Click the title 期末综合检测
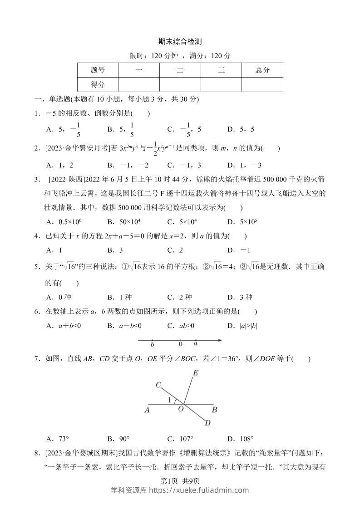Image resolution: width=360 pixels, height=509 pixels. [x=180, y=41]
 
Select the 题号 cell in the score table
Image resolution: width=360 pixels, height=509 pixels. [x=98, y=70]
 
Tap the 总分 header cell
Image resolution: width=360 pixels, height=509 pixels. [x=262, y=70]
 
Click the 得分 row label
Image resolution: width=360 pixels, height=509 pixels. [x=98, y=84]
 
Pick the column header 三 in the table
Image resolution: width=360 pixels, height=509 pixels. [x=221, y=70]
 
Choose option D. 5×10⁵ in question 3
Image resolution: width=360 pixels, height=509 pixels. [x=242, y=222]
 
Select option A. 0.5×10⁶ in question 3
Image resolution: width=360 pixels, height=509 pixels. [x=64, y=222]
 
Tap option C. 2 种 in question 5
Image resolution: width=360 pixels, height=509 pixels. [x=180, y=297]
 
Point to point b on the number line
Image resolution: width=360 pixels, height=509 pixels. [x=152, y=341]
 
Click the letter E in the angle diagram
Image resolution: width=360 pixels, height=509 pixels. [x=196, y=373]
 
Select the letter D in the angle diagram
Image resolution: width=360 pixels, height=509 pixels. [x=207, y=423]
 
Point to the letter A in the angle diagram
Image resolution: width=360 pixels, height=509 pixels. [x=147, y=410]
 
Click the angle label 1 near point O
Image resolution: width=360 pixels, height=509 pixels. [x=170, y=400]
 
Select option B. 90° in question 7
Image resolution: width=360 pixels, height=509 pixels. [x=118, y=439]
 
